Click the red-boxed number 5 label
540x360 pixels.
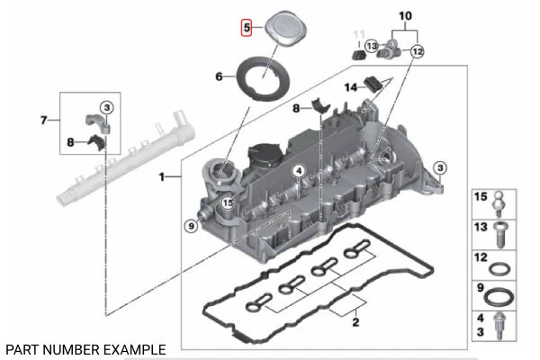click(x=246, y=28)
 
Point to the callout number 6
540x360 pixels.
click(x=219, y=77)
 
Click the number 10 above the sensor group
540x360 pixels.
click(x=404, y=16)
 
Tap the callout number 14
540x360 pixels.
click(x=352, y=86)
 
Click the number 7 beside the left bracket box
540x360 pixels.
click(x=43, y=120)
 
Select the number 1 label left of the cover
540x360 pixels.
click(x=163, y=178)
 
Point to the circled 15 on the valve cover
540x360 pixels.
click(x=229, y=204)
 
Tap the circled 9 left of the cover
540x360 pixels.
click(x=190, y=226)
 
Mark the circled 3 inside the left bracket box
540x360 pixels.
click(x=105, y=108)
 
